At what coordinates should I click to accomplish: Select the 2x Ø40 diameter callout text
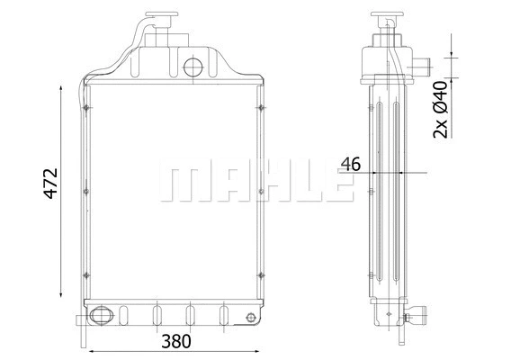coord(440,109)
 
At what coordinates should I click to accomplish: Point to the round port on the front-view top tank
coord(193,67)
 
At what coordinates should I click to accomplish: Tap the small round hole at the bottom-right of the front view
coord(248,316)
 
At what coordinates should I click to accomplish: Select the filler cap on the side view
coord(388,18)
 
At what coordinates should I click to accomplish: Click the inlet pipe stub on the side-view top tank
coord(423,67)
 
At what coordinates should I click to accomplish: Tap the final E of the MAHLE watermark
coord(334,183)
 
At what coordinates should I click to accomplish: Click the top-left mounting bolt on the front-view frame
coord(85,109)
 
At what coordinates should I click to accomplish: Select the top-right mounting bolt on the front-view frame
coord(260,109)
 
